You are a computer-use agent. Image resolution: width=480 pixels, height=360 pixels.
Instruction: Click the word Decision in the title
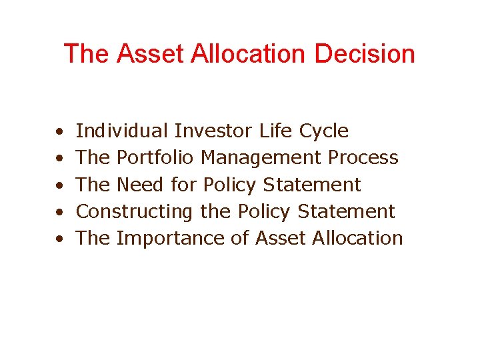tap(365, 54)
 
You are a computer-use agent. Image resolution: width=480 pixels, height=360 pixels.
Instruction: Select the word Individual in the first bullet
tap(122, 131)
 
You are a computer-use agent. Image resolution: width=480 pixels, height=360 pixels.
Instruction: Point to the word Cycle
tap(323, 131)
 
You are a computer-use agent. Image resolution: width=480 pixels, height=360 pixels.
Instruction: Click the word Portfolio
tap(155, 157)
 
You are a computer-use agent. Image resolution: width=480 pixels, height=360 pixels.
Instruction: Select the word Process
tap(363, 157)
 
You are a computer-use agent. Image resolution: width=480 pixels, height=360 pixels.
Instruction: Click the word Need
tap(141, 184)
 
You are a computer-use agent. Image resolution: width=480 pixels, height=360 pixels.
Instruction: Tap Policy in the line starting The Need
tap(229, 185)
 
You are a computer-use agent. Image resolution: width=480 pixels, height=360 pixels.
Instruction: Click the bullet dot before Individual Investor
tap(60, 132)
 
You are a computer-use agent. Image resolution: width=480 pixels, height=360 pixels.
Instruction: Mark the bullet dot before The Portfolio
tap(60, 159)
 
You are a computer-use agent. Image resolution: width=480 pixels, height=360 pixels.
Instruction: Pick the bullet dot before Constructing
tap(60, 213)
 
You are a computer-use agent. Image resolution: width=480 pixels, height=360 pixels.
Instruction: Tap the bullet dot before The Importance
tap(60, 239)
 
